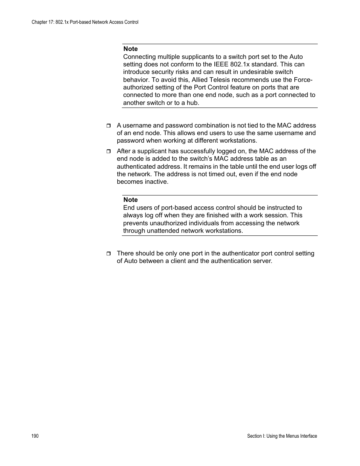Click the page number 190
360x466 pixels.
click(x=35, y=436)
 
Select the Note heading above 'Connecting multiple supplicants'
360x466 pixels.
click(x=131, y=49)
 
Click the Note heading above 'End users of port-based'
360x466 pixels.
click(x=131, y=200)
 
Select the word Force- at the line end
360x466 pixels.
click(x=303, y=80)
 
